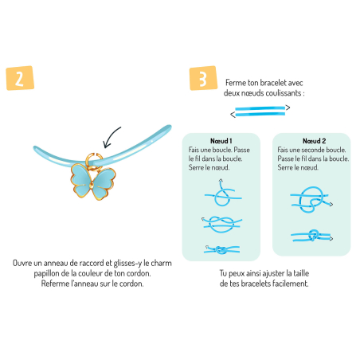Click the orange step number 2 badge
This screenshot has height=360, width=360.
[20, 78]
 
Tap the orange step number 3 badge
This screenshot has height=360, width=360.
[203, 78]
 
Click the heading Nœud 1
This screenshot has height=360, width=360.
[221, 141]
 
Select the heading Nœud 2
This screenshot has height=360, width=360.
[314, 141]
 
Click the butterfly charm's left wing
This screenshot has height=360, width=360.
[80, 179]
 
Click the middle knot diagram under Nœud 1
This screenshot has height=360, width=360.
[221, 225]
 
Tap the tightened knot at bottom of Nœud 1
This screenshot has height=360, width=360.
[221, 249]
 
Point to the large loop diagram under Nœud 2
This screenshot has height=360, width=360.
[311, 199]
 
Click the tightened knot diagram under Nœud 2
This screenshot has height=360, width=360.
[311, 236]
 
